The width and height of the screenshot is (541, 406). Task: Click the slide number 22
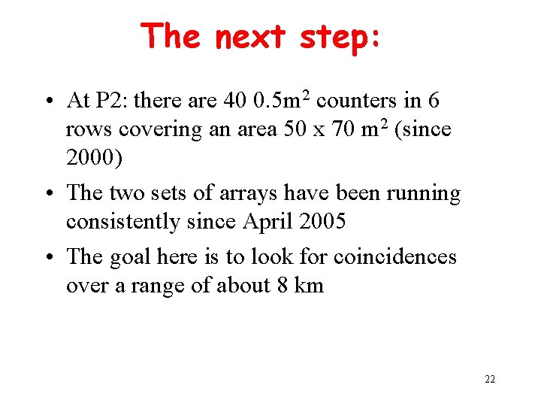490,379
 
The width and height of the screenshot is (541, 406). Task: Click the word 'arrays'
243,193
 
